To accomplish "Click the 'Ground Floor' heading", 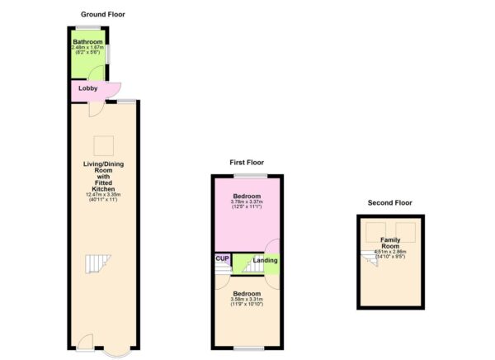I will [x=103, y=14].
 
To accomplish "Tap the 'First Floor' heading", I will [x=246, y=163].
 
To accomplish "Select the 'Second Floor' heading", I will [x=390, y=202].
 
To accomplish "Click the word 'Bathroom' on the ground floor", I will [x=87, y=42].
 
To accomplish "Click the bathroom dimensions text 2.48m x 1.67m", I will [x=88, y=48].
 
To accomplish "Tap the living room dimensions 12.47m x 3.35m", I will [x=103, y=194].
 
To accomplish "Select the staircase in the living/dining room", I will [x=97, y=265].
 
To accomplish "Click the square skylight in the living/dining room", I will [x=102, y=145].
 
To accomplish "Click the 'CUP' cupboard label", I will [x=222, y=258].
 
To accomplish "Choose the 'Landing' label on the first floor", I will [x=265, y=261].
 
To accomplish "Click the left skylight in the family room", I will [x=375, y=229].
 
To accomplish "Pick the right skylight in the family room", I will [x=404, y=229].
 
